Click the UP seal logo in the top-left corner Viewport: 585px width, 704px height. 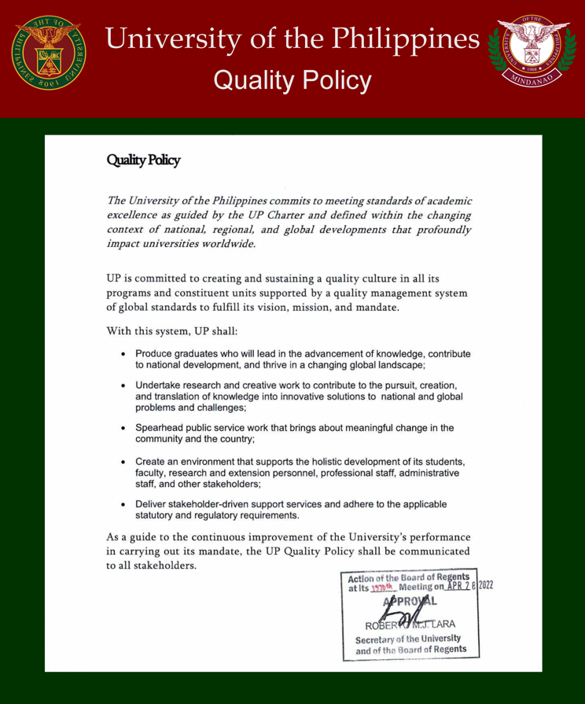[x=48, y=52]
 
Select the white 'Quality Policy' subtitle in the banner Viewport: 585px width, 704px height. [x=292, y=80]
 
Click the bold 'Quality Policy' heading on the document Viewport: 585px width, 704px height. [x=143, y=160]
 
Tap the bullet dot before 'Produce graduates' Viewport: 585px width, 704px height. [x=124, y=354]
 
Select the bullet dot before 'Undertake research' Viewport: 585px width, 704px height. [x=124, y=385]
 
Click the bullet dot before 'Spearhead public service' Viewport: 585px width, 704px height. [x=124, y=428]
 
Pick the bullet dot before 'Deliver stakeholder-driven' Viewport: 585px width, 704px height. [x=124, y=503]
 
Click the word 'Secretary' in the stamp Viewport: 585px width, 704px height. [x=378, y=638]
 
